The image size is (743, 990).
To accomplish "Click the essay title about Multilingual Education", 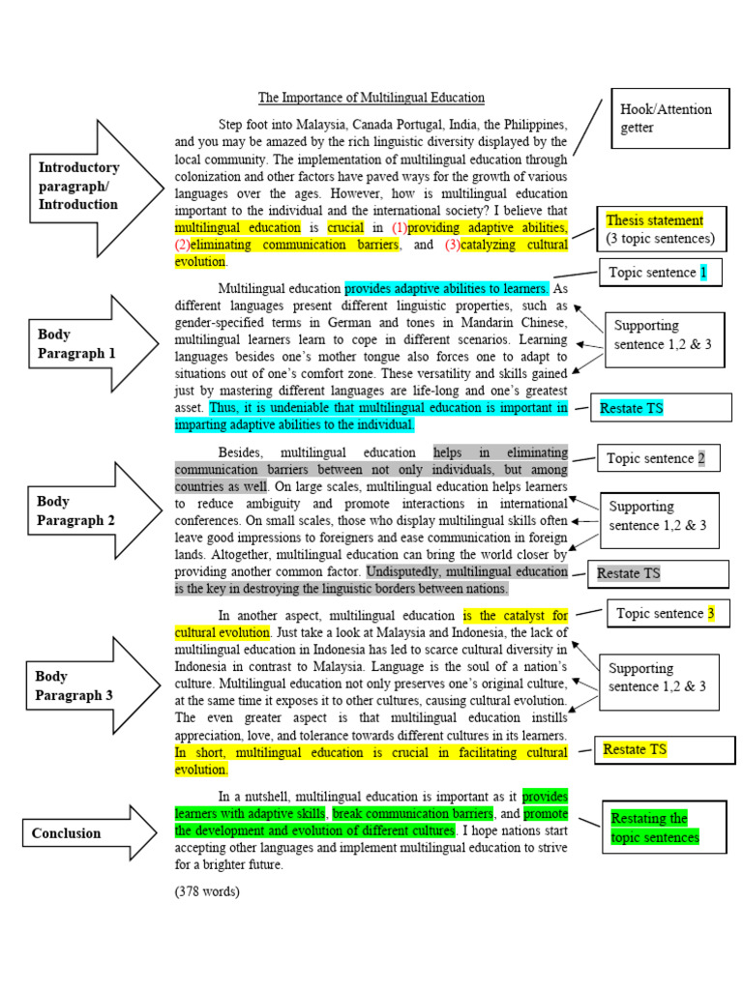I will coord(371,98).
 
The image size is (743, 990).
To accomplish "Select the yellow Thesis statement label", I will coord(654,220).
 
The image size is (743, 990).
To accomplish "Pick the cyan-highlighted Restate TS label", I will coord(633,408).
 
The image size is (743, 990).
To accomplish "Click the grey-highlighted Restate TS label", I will coord(629,573).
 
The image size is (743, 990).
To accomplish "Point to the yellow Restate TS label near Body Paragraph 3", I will coord(635,749).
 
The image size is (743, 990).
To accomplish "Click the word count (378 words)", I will coord(207,890).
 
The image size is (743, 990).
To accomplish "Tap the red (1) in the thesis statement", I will coord(400,227).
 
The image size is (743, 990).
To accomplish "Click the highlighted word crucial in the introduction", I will coord(344,227).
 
